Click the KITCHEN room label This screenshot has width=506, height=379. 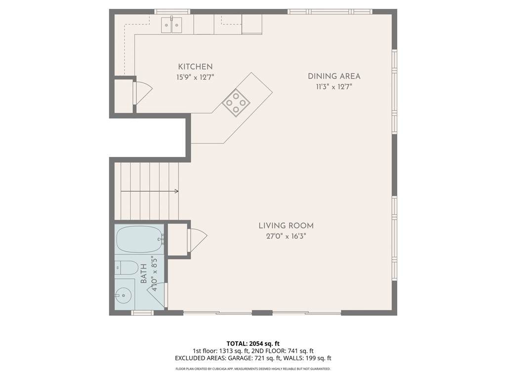195,67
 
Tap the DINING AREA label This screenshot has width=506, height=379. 334,76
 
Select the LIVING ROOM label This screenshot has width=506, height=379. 286,226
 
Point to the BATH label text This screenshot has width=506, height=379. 144,273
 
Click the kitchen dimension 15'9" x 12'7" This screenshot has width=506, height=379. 195,77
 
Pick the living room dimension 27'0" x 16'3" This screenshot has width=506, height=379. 286,236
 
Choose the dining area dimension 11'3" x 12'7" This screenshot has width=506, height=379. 334,87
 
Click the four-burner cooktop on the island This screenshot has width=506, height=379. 236,102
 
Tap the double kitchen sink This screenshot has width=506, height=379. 171,25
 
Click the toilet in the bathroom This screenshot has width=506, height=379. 127,268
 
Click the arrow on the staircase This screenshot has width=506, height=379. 150,191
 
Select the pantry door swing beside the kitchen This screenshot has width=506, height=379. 142,92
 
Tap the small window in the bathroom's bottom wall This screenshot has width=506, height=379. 142,312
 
